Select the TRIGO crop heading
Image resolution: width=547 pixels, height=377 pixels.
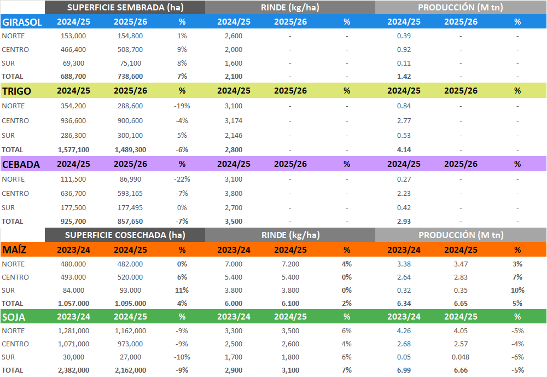tap(17, 91)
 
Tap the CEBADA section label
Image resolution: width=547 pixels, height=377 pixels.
tap(21, 164)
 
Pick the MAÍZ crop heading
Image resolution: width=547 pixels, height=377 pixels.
tap(15, 250)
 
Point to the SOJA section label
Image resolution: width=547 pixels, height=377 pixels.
tap(14, 317)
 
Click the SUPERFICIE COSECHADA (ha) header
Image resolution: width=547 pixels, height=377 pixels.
tap(125, 235)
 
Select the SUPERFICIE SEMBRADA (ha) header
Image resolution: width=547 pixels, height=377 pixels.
tap(125, 8)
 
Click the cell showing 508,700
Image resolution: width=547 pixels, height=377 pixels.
tap(130, 49)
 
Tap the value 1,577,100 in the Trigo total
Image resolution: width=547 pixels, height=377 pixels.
tap(73, 149)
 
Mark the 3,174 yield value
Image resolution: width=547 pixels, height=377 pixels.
tap(233, 120)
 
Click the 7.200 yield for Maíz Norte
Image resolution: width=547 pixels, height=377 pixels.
tap(290, 264)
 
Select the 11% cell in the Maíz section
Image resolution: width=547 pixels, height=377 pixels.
tap(182, 290)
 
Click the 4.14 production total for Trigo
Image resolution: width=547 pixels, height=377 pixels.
tap(404, 149)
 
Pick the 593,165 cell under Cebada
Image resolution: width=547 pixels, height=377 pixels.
tap(130, 193)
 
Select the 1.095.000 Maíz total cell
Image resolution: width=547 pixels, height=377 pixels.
tap(130, 303)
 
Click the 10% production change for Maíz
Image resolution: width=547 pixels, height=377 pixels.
tap(517, 290)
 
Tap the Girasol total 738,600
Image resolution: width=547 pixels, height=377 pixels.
tap(130, 77)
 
